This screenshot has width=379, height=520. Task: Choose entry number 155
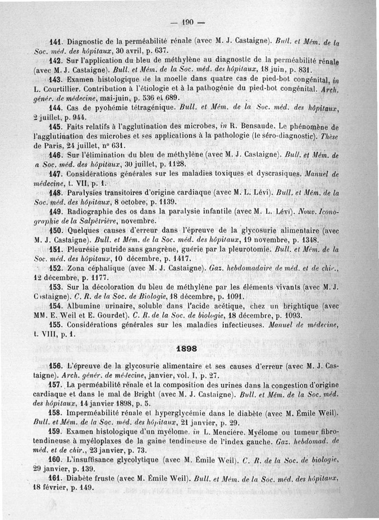point(56,325)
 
